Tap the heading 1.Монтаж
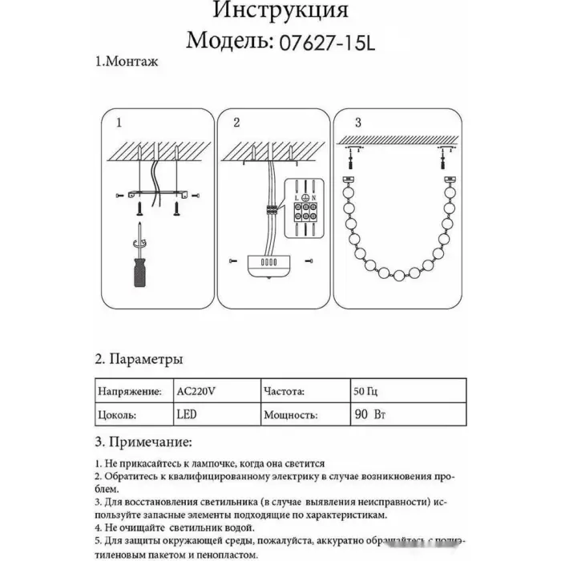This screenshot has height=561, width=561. click(127, 62)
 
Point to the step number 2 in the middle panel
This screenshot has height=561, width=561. click(236, 123)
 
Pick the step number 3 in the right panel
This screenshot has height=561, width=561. click(358, 123)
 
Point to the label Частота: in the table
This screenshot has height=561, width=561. click(283, 393)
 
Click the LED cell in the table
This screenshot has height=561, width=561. click(185, 415)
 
